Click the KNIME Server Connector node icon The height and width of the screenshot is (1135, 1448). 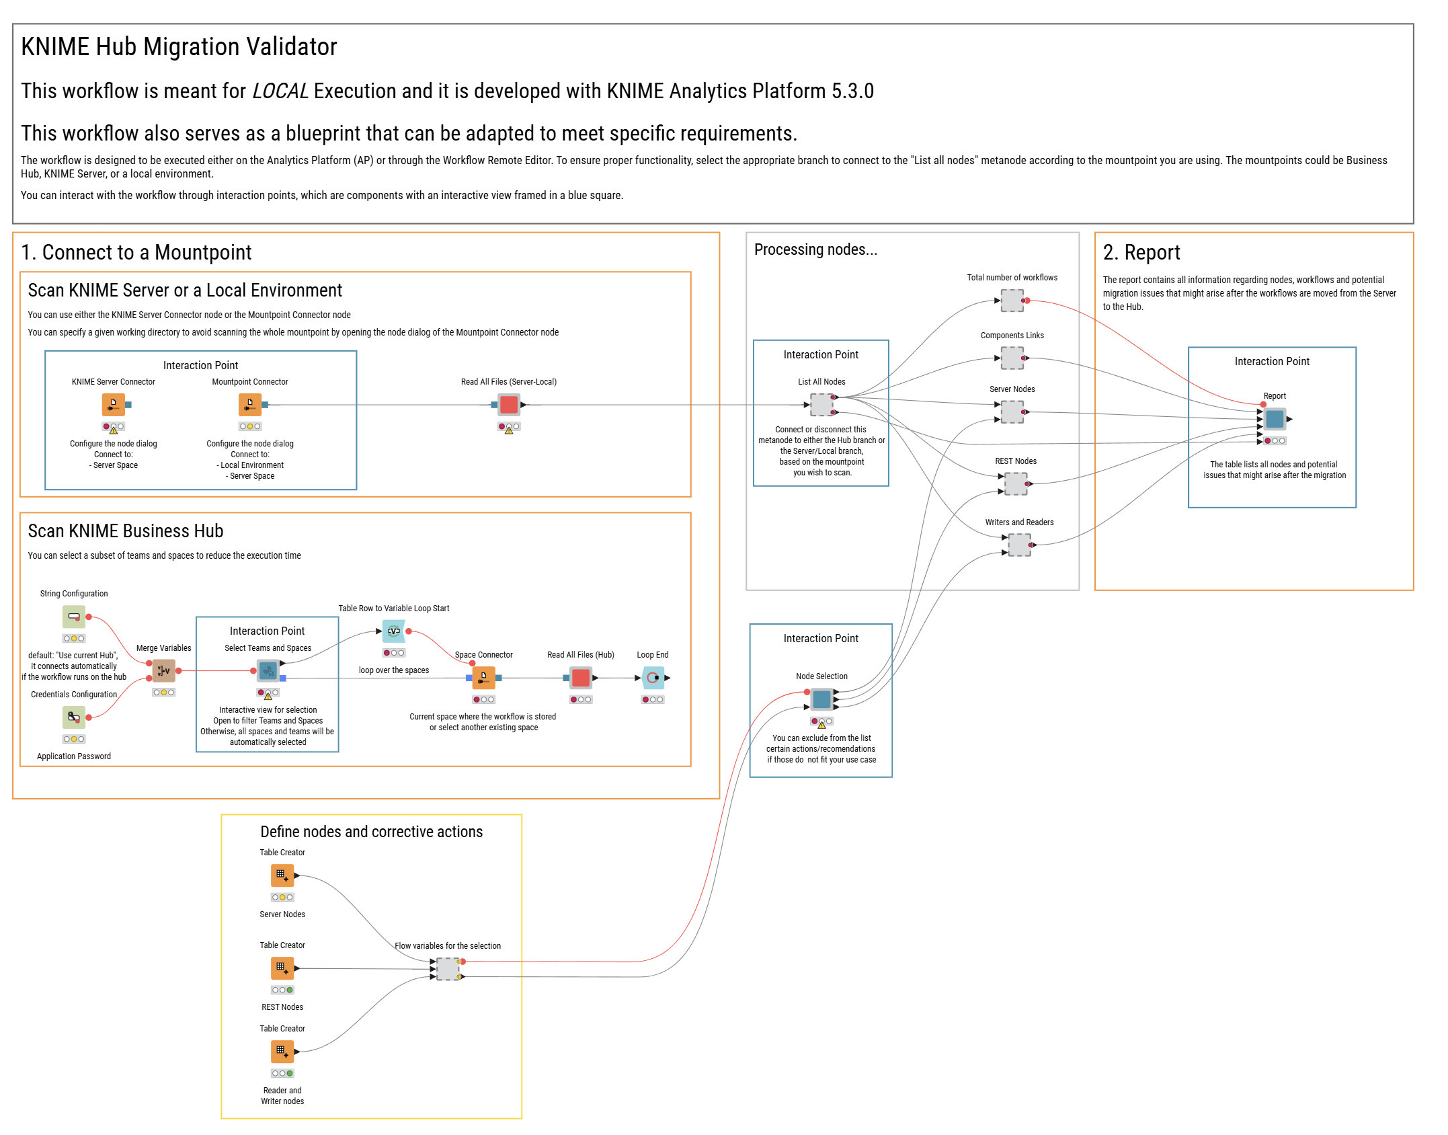(113, 405)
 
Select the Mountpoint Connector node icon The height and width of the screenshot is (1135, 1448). (250, 405)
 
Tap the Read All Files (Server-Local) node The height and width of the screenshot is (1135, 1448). (509, 405)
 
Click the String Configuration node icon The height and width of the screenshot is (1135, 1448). (74, 617)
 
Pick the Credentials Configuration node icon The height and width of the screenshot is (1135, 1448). (74, 717)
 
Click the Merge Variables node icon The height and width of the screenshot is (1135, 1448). (163, 670)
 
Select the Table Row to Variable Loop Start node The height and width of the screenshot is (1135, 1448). (394, 631)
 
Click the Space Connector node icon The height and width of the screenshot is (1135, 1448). (483, 678)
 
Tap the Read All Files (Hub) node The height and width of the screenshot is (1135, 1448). (580, 678)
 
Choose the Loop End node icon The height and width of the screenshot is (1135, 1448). (653, 678)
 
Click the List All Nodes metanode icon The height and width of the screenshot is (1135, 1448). (821, 405)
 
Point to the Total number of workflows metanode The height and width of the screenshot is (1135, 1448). (1012, 301)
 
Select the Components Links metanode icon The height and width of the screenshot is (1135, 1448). (1012, 358)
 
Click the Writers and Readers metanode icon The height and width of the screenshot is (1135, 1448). (1019, 545)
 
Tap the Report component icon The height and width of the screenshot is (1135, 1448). (1275, 420)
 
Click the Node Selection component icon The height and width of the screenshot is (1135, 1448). (821, 700)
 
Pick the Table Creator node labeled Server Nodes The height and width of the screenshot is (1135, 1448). (282, 875)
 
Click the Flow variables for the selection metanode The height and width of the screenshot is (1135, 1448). (448, 969)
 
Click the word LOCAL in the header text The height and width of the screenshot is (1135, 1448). (280, 91)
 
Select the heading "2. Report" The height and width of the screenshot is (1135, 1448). (1141, 253)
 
